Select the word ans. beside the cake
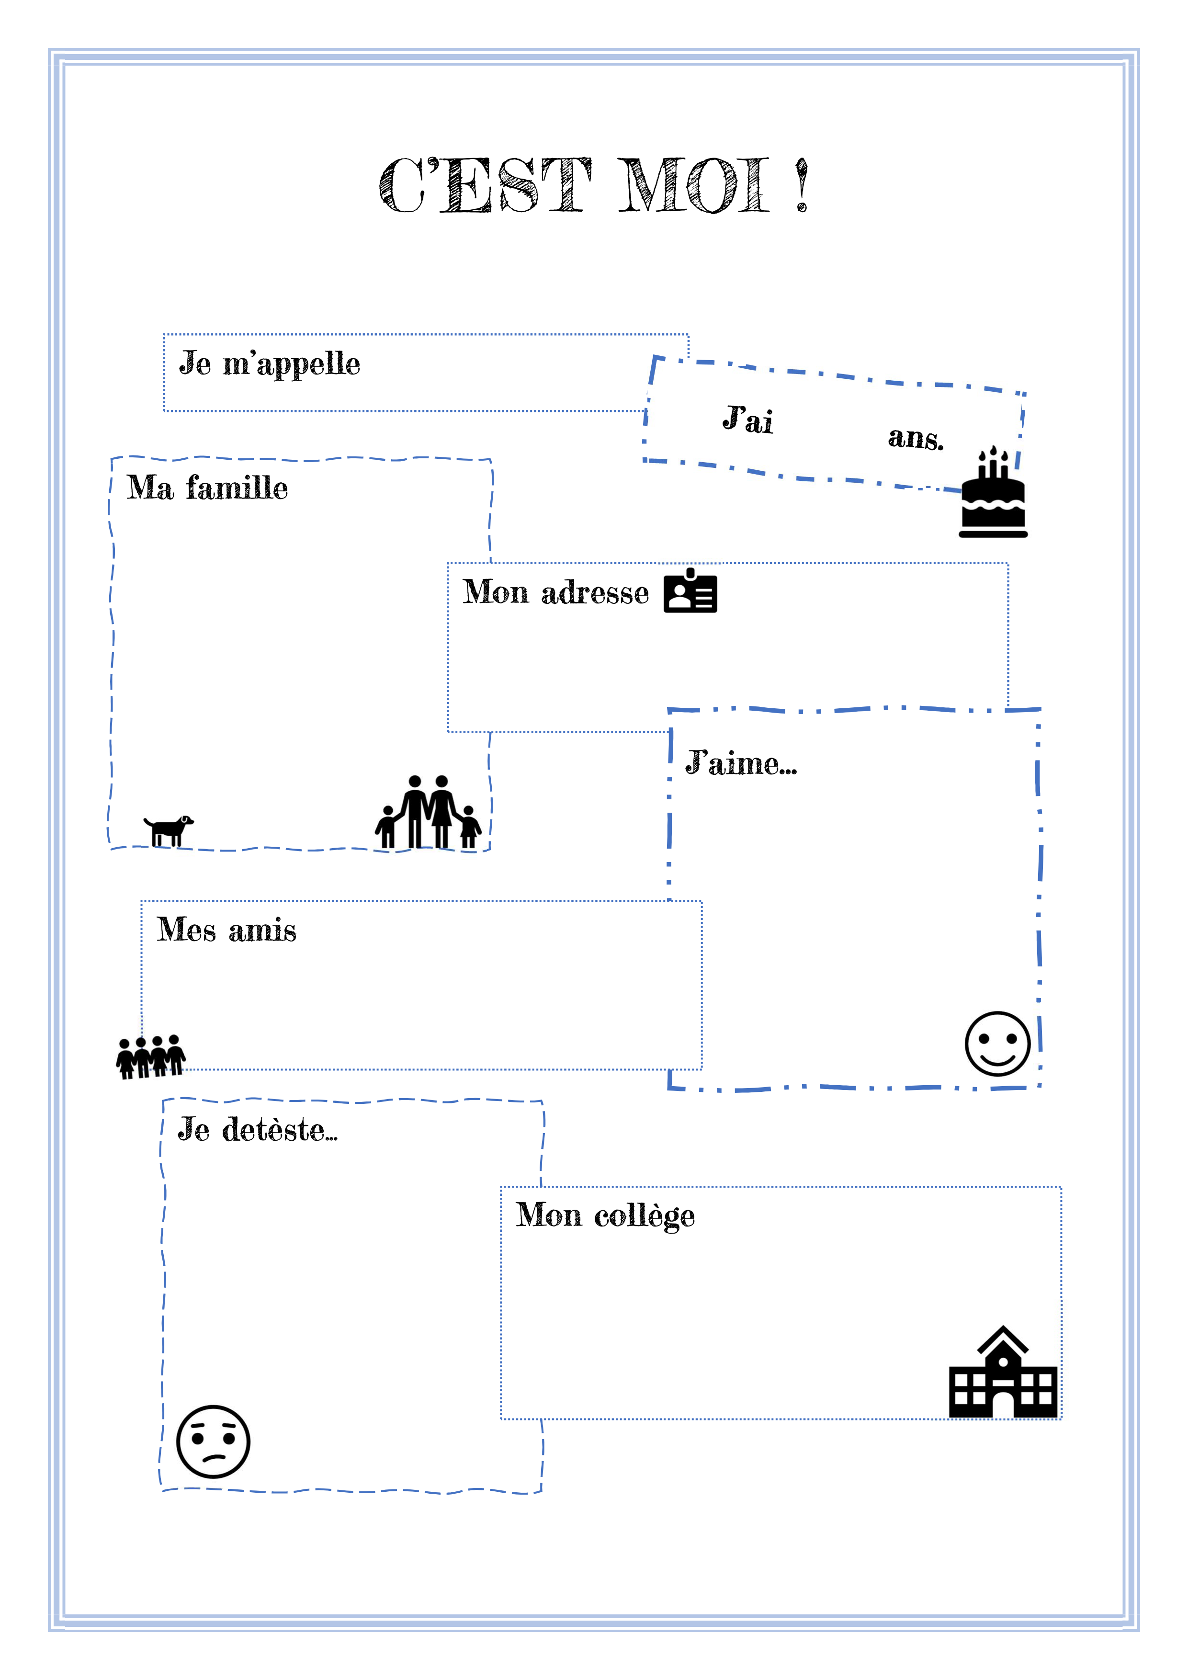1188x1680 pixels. point(916,438)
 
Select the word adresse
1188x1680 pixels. point(595,593)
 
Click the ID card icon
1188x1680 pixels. point(690,591)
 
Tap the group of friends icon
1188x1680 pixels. point(151,1056)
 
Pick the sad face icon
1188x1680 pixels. point(214,1442)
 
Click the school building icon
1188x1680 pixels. point(1003,1374)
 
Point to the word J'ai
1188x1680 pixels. point(747,419)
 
